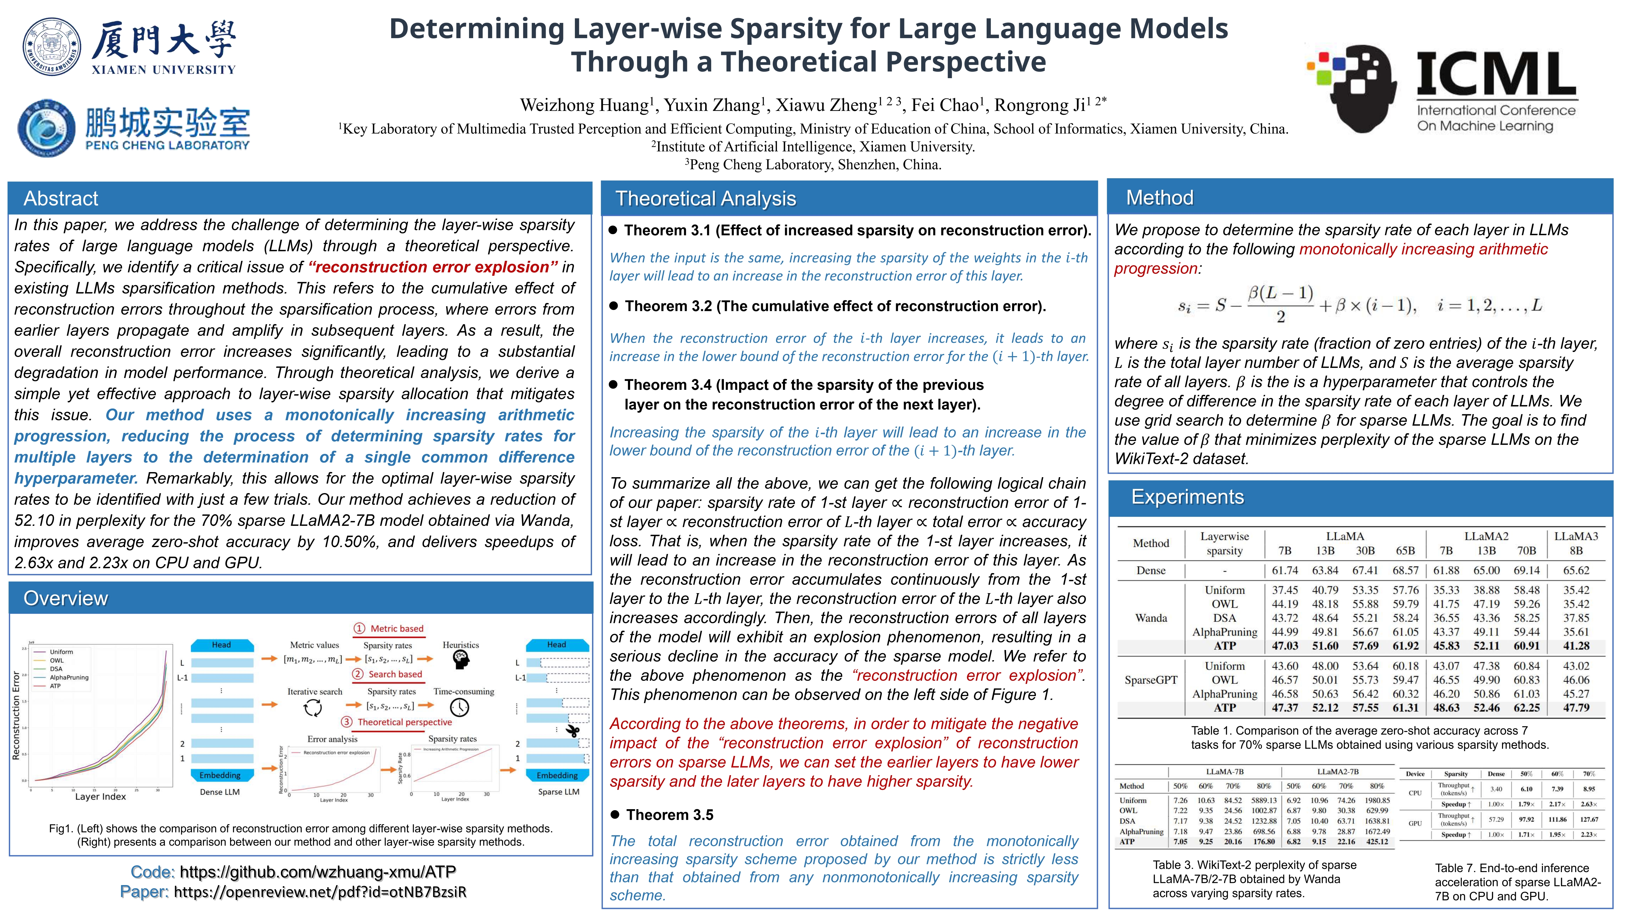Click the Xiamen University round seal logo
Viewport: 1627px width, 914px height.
(52, 47)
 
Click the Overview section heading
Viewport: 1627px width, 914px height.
(66, 598)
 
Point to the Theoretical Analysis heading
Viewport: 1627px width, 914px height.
(705, 198)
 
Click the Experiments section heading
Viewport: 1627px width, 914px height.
(1188, 497)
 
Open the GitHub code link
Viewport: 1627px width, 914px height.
(318, 872)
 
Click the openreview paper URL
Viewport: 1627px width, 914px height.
(320, 892)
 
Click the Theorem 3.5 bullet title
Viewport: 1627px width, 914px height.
(670, 815)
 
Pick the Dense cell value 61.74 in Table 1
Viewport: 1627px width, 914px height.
(1285, 570)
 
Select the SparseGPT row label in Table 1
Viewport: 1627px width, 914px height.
(1151, 680)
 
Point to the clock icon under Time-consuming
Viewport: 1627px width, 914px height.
(459, 708)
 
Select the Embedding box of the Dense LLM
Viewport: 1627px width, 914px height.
(220, 775)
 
